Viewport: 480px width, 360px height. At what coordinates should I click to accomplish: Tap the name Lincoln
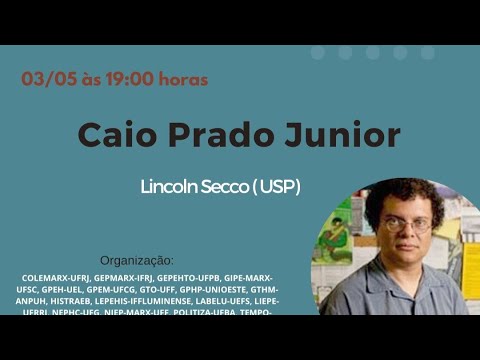coord(173,187)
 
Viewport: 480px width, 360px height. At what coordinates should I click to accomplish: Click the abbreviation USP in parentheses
coord(282,187)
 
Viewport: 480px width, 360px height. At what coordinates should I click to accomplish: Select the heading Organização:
coord(136,260)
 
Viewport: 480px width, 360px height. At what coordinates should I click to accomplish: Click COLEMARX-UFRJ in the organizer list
coord(58,277)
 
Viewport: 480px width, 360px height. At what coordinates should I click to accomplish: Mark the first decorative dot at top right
coord(318,52)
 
